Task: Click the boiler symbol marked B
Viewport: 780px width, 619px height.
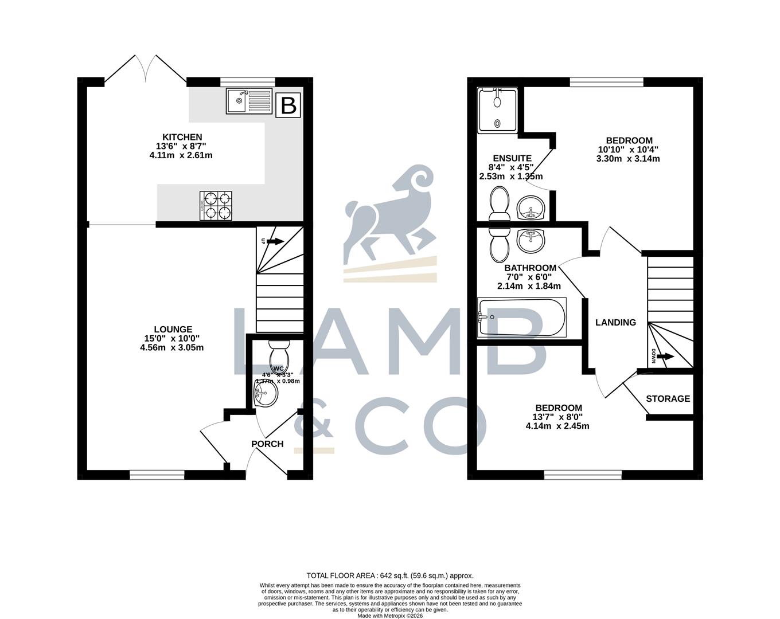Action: tap(288, 105)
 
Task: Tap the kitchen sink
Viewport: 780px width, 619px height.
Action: tap(249, 101)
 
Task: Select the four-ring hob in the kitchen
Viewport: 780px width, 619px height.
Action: tap(217, 206)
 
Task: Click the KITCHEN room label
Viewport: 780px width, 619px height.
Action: tap(182, 137)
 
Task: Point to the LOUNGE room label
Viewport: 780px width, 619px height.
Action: tap(173, 329)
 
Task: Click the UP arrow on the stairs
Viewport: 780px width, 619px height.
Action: tap(274, 241)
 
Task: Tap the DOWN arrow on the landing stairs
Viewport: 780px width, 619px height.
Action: tap(664, 356)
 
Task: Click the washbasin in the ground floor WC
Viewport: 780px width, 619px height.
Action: tap(266, 393)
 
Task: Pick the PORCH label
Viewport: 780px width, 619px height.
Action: tap(267, 444)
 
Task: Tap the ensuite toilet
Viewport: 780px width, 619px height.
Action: tap(499, 205)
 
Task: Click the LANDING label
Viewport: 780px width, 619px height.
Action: tap(615, 322)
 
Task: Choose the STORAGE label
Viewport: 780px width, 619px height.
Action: tap(668, 398)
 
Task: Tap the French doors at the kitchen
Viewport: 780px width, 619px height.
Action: tap(146, 72)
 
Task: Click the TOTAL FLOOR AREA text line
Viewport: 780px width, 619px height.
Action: tap(390, 575)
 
